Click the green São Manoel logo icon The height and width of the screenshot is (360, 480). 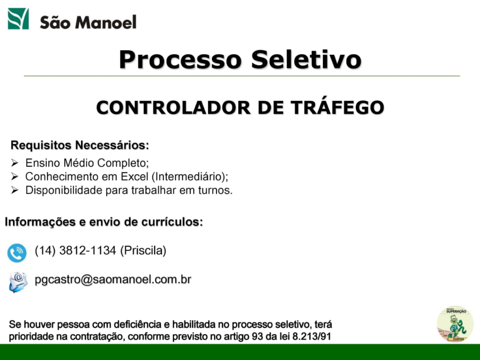18,19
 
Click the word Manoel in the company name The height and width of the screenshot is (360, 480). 105,22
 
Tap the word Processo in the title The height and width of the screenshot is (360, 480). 180,60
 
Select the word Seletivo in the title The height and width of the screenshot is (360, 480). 307,60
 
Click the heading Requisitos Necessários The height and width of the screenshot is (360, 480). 80,145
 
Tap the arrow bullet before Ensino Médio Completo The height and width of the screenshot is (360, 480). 15,163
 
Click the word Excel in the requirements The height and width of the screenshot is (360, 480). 135,177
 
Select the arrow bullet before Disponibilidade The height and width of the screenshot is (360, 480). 15,190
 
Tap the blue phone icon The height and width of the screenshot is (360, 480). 17,253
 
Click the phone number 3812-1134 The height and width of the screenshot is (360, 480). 88,250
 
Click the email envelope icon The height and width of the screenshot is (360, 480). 18,282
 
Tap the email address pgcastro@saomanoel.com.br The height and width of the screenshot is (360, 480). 113,279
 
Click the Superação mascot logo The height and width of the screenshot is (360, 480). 455,324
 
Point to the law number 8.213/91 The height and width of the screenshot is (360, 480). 312,337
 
